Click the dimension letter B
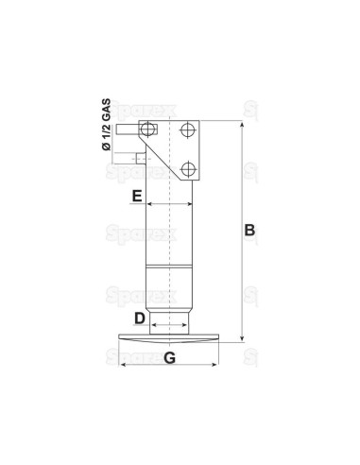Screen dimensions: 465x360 point(249,230)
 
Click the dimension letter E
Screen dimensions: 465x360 point(137,197)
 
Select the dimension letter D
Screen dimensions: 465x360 point(139,319)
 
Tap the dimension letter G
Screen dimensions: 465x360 point(169,357)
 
